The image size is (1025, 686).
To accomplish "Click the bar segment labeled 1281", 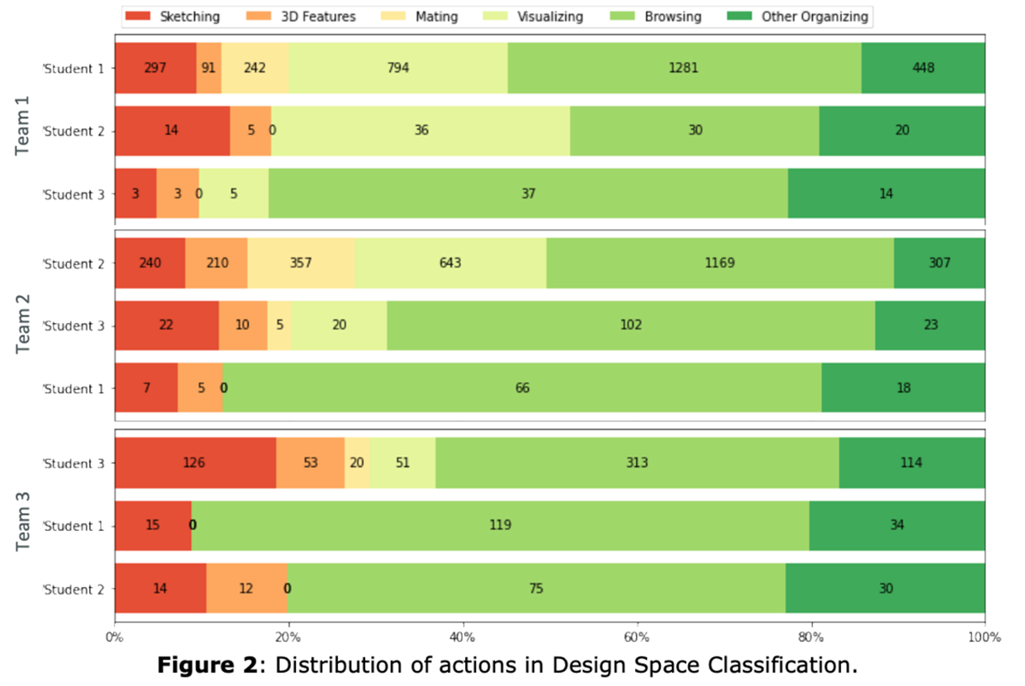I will click(x=684, y=68).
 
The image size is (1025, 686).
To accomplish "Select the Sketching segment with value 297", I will click(x=155, y=68).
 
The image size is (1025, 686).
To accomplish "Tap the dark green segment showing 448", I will click(x=922, y=68).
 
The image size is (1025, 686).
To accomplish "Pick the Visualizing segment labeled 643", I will click(x=450, y=263).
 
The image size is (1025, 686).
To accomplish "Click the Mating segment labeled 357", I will click(x=300, y=263).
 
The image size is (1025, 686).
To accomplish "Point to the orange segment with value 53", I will click(x=310, y=462).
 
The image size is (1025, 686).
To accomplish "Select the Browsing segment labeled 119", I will click(x=500, y=525).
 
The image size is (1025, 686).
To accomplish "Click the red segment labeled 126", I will click(x=194, y=462).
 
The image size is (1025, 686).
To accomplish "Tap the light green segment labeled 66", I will click(x=522, y=388).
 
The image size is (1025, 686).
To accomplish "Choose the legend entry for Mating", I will click(x=420, y=17).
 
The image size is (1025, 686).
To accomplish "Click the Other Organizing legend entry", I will click(x=798, y=17).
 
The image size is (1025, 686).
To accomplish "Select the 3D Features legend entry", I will click(x=301, y=17).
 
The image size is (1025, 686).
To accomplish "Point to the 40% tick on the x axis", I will click(x=463, y=637).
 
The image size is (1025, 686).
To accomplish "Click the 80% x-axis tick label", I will click(x=810, y=637).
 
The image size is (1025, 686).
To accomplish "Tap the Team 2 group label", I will click(x=22, y=324).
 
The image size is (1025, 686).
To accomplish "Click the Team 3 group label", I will click(x=22, y=521).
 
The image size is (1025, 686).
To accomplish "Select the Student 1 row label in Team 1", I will click(x=73, y=69).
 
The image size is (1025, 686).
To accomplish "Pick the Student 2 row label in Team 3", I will click(x=73, y=589).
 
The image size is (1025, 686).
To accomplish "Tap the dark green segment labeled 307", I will click(x=939, y=263).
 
